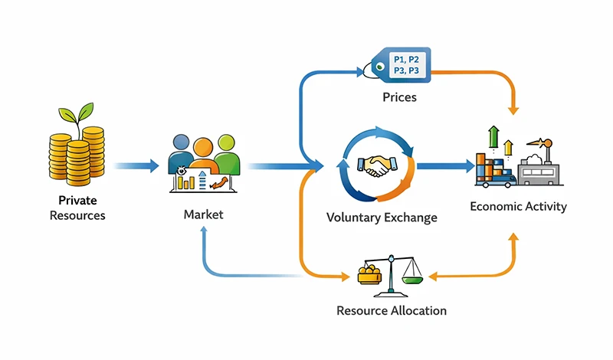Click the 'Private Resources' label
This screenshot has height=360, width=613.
[77, 208]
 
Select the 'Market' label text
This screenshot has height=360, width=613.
[203, 214]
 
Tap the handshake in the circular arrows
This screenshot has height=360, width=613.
[375, 166]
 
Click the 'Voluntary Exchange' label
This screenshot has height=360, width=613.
[382, 218]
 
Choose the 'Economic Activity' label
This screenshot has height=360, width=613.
[518, 206]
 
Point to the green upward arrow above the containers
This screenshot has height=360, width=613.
[493, 136]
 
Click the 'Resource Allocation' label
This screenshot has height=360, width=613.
[392, 311]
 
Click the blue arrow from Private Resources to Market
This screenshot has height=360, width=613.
[138, 165]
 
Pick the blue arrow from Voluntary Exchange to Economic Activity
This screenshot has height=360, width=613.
[444, 165]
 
